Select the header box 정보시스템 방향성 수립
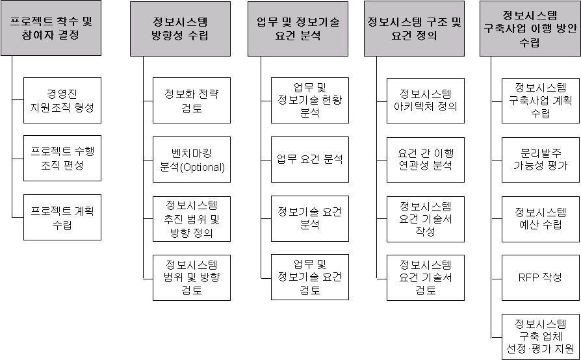tap(180, 29)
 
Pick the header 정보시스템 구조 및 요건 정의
tap(415, 29)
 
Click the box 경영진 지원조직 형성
tap(62, 100)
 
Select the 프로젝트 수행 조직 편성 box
tap(62, 159)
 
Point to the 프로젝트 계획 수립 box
tap(62, 217)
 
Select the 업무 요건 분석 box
tap(310, 159)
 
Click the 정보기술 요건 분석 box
tap(310, 217)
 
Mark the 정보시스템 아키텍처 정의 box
tap(426, 100)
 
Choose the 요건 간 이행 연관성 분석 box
tap(426, 159)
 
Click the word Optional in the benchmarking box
tap(204, 167)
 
